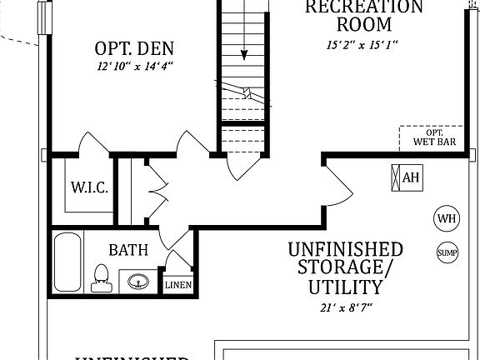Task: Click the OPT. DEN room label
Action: (x=139, y=47)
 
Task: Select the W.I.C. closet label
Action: (x=89, y=187)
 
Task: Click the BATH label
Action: (x=128, y=249)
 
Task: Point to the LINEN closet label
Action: (x=177, y=285)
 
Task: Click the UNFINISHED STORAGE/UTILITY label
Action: (x=346, y=268)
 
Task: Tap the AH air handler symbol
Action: (x=405, y=177)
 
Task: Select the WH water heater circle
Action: (x=447, y=218)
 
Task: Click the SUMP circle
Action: (x=447, y=252)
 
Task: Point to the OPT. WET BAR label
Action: (x=434, y=137)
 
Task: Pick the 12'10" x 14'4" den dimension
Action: (x=139, y=67)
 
